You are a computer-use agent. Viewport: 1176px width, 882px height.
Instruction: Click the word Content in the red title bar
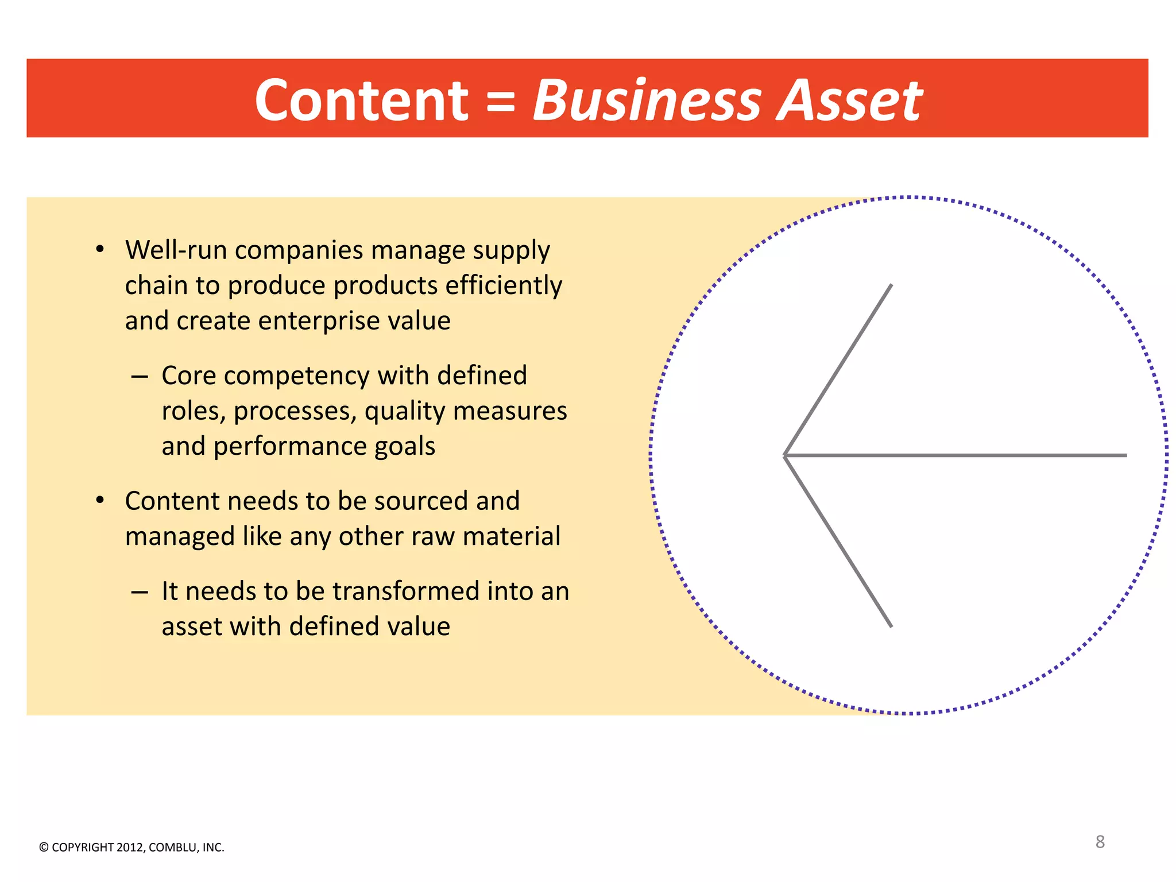pyautogui.click(x=361, y=100)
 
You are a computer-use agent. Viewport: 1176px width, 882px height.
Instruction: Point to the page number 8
pyautogui.click(x=1100, y=842)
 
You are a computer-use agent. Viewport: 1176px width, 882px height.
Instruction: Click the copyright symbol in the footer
pyautogui.click(x=44, y=848)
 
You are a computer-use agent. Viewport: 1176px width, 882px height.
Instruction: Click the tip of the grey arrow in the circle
pyautogui.click(x=785, y=455)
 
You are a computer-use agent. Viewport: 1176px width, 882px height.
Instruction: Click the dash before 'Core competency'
pyautogui.click(x=140, y=377)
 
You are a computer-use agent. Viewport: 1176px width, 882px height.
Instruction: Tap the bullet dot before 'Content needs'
pyautogui.click(x=100, y=501)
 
